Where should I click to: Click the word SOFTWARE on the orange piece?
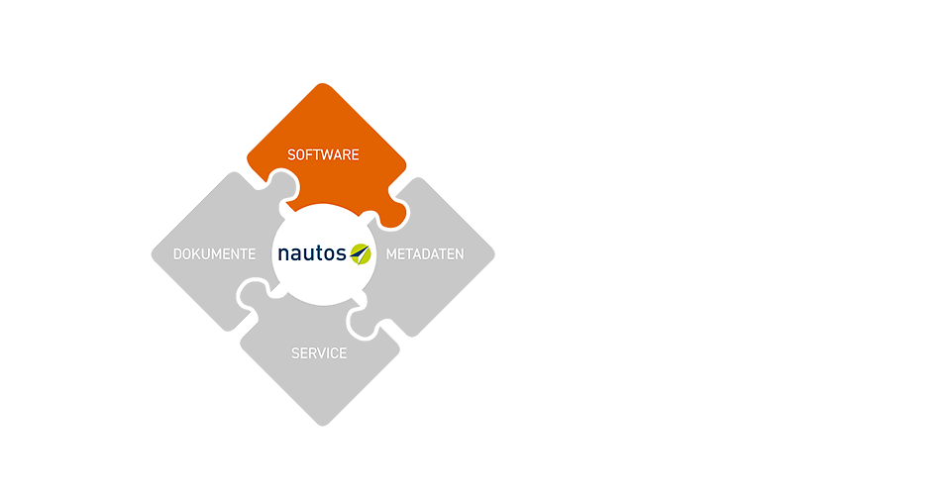(323, 155)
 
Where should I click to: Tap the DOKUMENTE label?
(215, 253)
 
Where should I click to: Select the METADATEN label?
(425, 253)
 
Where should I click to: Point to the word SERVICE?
(319, 353)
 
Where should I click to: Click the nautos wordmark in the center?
(312, 252)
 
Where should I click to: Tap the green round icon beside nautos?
(361, 253)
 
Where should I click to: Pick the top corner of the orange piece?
(323, 83)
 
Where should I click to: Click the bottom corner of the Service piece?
(323, 426)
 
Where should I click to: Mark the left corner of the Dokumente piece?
(153, 254)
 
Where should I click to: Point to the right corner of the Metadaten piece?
(494, 254)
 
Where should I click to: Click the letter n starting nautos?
(283, 253)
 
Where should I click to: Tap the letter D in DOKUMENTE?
(177, 253)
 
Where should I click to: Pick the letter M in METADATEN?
(392, 253)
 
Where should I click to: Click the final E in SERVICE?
(344, 353)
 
